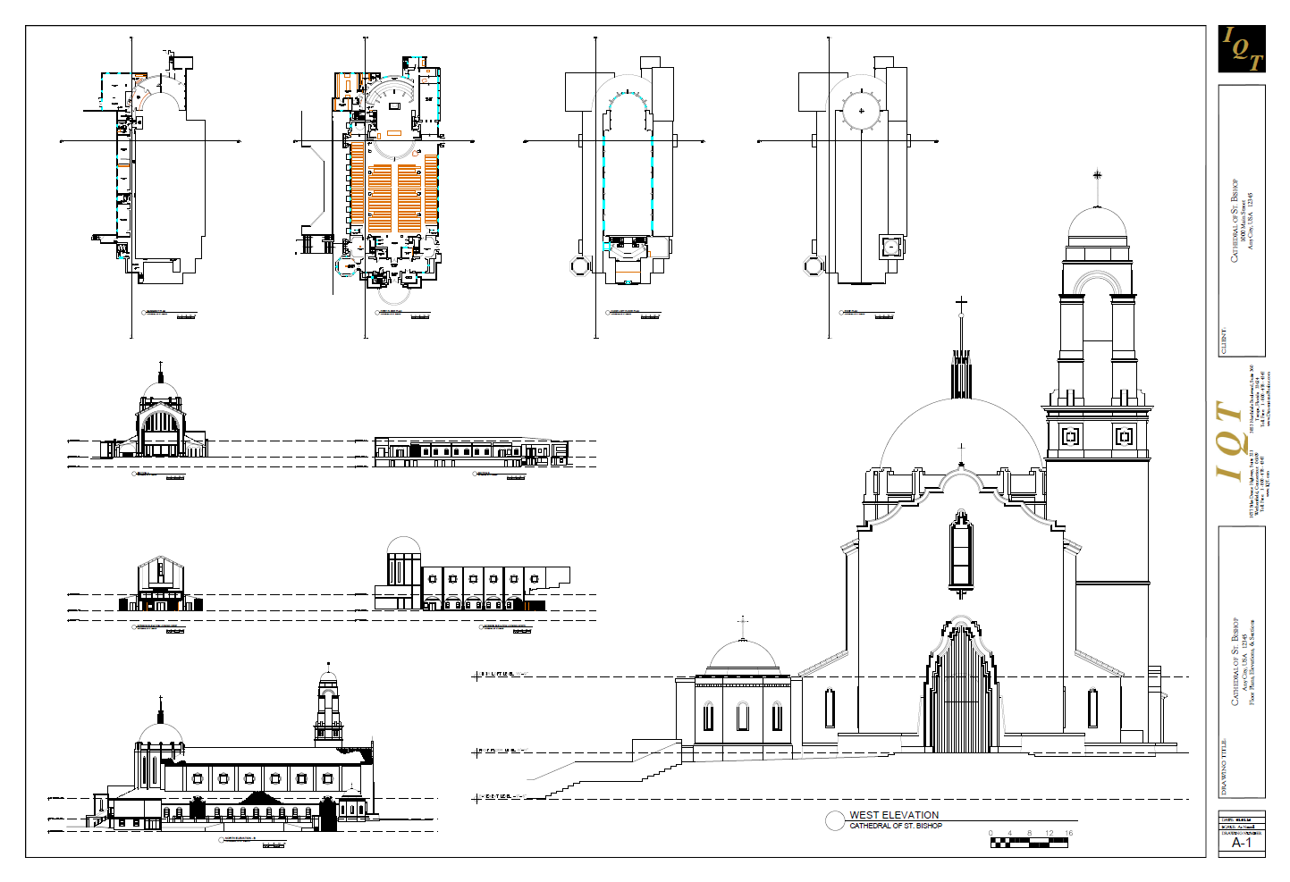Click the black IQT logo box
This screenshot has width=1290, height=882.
1242,49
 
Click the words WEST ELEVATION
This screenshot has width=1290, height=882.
894,815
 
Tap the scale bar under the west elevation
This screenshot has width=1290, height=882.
1029,841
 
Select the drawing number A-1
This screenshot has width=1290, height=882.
1241,843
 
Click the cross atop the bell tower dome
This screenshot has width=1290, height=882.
1097,175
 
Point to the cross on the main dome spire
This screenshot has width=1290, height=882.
961,304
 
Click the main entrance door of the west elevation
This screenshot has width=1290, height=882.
961,697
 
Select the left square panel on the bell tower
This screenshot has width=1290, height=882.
1070,436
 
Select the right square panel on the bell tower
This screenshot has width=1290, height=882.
1125,436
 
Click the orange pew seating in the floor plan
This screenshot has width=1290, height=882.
394,192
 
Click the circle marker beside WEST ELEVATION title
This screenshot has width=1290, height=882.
835,820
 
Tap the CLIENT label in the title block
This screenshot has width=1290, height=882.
1224,341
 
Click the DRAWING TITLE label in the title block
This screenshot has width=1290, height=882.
1224,767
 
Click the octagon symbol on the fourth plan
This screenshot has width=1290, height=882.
813,266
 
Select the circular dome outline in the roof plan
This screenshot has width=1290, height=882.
862,112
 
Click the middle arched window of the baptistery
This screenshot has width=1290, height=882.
742,716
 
